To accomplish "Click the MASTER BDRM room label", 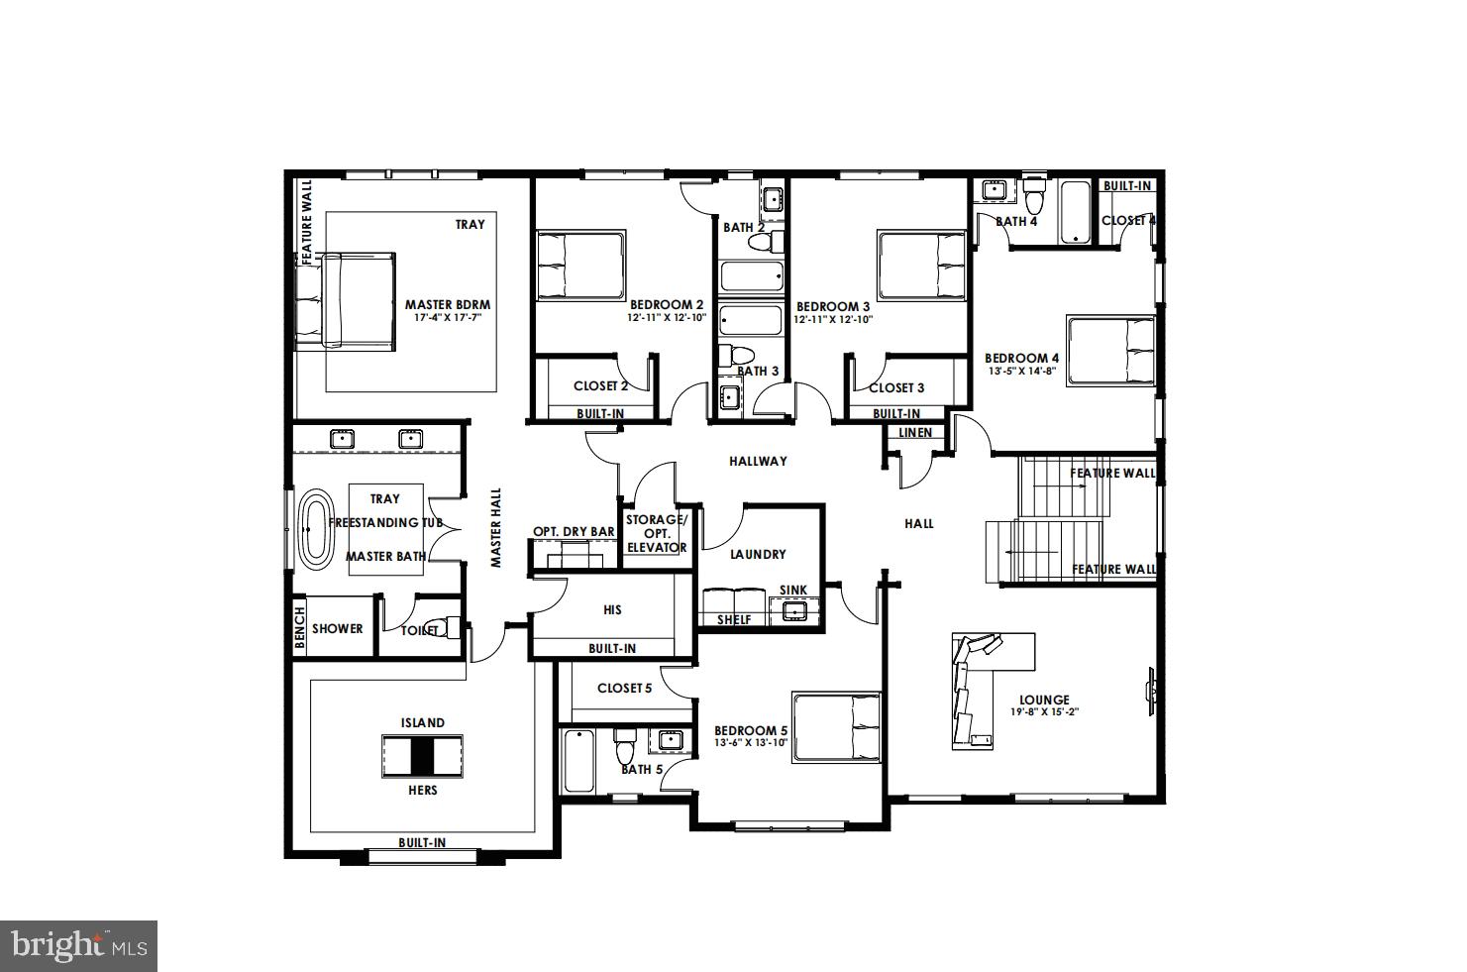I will click(x=447, y=305).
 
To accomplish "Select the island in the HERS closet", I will click(x=423, y=756).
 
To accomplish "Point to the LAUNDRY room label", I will click(x=758, y=555).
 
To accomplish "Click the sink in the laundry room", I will click(x=793, y=611).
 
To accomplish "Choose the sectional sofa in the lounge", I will click(x=976, y=689).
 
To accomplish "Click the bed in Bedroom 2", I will click(x=580, y=266).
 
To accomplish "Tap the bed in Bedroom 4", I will click(x=1110, y=352).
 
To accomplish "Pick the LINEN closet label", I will click(x=914, y=433).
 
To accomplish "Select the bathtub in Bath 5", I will click(x=578, y=761).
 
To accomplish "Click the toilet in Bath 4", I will click(x=1035, y=195).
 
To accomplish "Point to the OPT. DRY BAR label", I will click(x=574, y=532).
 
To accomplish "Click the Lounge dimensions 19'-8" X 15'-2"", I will click(x=1044, y=712).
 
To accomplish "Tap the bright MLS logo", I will click(x=79, y=945).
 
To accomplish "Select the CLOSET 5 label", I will click(x=624, y=688).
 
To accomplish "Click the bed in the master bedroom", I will click(x=347, y=300).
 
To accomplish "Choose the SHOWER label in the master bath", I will click(x=337, y=628).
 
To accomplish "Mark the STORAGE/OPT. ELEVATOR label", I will click(x=656, y=533).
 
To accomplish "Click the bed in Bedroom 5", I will click(x=836, y=728).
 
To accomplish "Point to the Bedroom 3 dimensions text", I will click(x=832, y=319).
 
